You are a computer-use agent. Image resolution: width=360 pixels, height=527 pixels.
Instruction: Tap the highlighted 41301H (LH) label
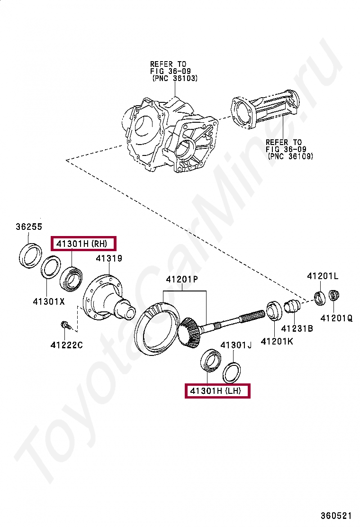[x=217, y=391]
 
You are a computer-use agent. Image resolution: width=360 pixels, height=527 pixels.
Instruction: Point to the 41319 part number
[x=109, y=259]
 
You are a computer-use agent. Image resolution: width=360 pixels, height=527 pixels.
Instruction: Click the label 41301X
[x=48, y=300]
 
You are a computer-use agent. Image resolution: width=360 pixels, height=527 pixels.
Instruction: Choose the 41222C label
[x=66, y=345]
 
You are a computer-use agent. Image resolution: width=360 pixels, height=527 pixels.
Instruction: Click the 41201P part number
[x=181, y=280]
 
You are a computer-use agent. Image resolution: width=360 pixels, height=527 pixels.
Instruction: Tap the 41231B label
[x=297, y=328]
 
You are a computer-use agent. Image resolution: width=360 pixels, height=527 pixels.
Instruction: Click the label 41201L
[x=323, y=276]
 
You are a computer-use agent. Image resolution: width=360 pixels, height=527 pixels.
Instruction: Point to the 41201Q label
[x=336, y=318]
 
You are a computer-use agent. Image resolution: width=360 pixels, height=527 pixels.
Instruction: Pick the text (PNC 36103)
[x=175, y=78]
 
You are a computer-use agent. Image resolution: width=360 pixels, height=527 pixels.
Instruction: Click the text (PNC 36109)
[x=290, y=156]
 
